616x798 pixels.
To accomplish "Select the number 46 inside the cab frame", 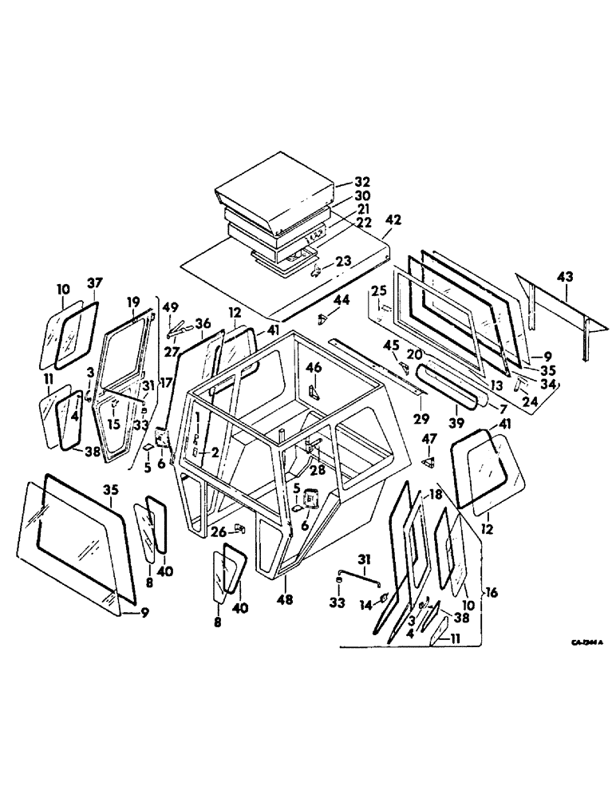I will click(x=314, y=369).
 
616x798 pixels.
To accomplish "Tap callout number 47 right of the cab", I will click(x=430, y=438).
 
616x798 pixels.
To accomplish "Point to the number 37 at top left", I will click(x=95, y=283).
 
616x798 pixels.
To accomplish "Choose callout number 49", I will click(x=171, y=308).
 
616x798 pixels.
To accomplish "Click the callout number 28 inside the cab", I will click(x=318, y=470).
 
